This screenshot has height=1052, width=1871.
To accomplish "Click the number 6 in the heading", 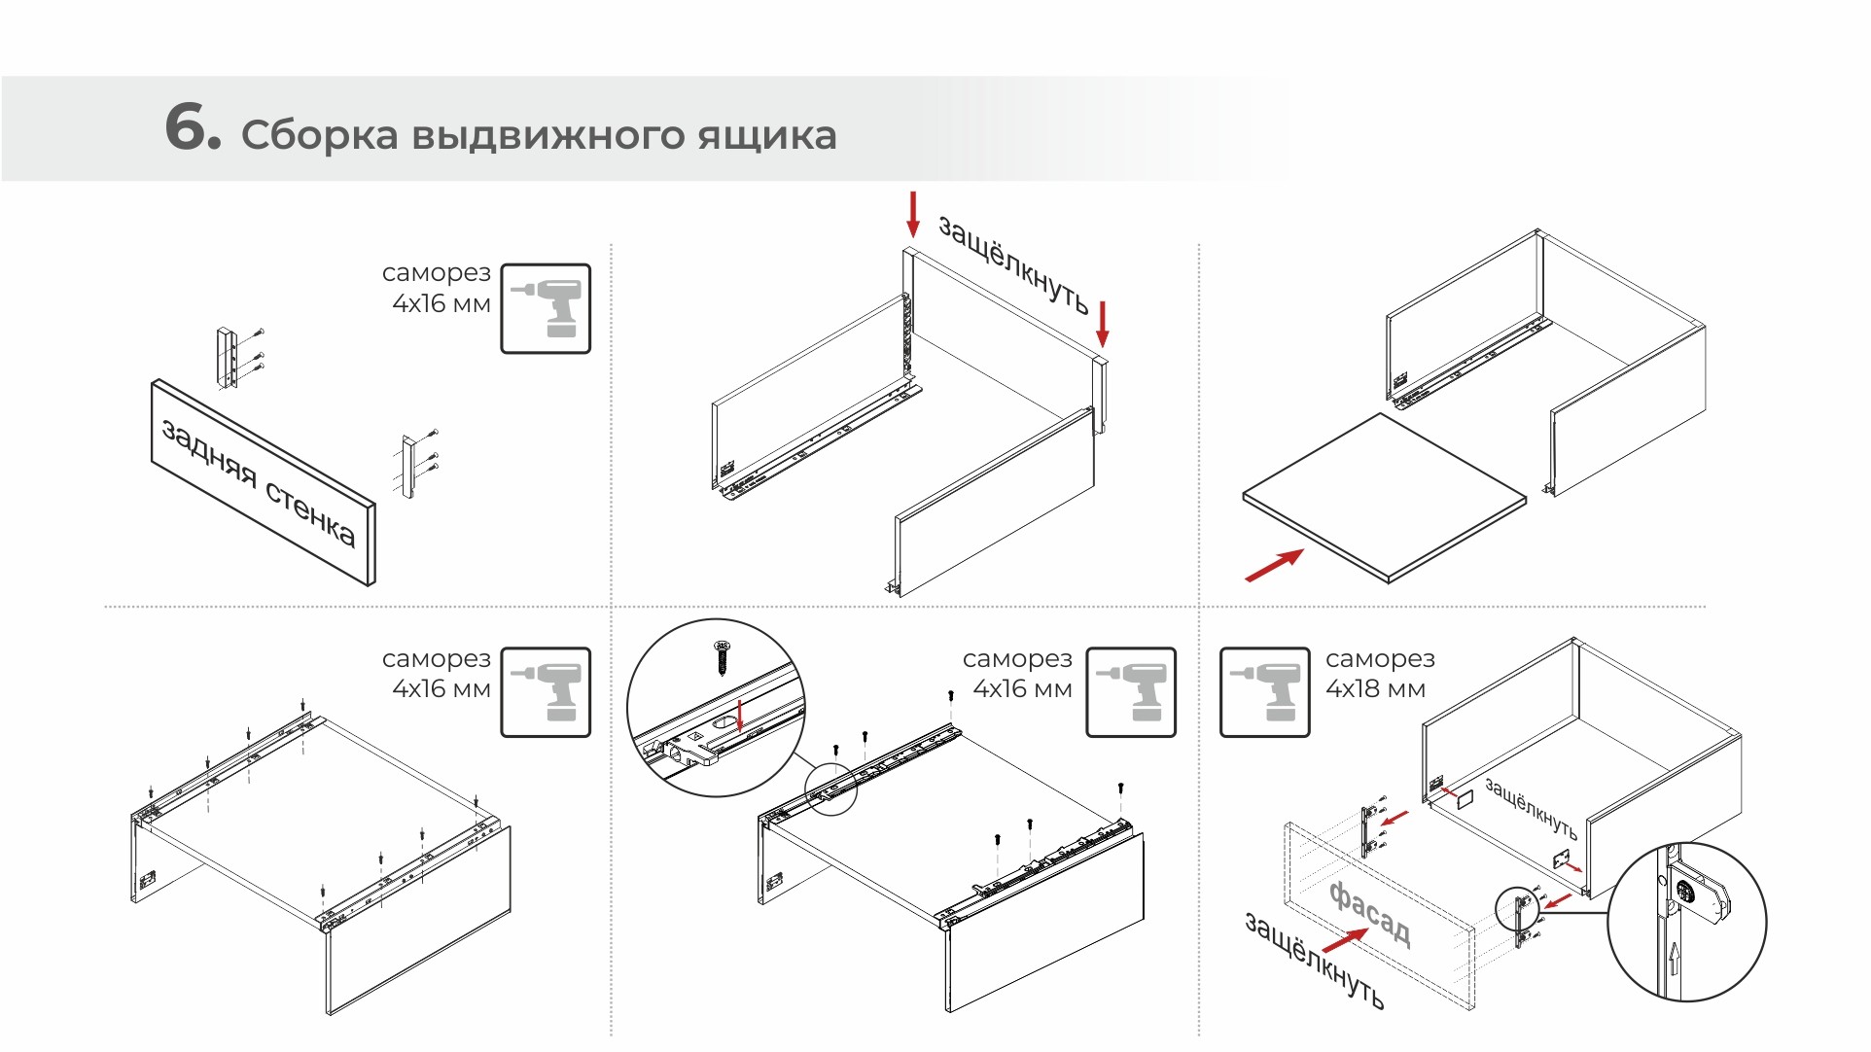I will [x=193, y=128].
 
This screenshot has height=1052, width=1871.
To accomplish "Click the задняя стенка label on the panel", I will [x=259, y=483].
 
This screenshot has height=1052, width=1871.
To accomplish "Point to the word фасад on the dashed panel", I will [x=1369, y=911].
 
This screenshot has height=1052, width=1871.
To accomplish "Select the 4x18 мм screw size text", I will [x=1375, y=689].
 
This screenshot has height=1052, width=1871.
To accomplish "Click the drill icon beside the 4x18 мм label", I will [x=1264, y=691].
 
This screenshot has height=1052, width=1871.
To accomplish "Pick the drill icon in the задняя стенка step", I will [x=546, y=308].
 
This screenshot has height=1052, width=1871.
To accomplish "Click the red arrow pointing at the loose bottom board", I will [x=1274, y=565].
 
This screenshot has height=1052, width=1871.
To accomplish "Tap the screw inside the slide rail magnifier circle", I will [x=722, y=657].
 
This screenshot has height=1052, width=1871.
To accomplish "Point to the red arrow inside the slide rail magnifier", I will [x=740, y=716].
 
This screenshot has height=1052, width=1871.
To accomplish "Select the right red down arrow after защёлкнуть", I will [x=1102, y=324].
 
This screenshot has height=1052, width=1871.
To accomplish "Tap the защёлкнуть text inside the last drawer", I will [x=1531, y=807].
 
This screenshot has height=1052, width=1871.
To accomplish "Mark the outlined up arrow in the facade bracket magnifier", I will [x=1674, y=959].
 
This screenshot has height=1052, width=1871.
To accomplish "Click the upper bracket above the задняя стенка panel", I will [x=228, y=358].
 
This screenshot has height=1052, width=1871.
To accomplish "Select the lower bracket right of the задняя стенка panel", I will [x=409, y=467].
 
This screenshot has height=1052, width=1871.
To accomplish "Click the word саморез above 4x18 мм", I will [x=1380, y=659].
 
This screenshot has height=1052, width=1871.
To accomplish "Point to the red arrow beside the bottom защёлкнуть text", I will [x=1345, y=940].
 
